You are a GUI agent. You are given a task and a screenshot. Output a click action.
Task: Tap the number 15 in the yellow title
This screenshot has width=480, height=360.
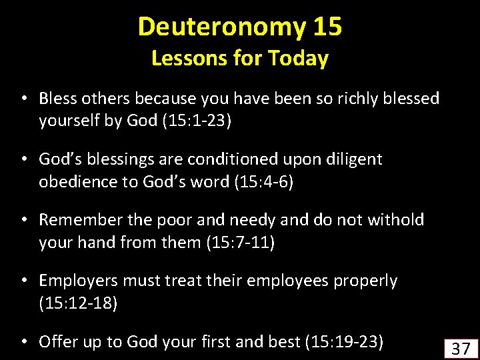(327, 26)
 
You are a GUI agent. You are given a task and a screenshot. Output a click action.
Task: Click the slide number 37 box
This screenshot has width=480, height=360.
(461, 349)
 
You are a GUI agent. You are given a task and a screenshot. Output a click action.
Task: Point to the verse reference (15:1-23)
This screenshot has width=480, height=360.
(197, 121)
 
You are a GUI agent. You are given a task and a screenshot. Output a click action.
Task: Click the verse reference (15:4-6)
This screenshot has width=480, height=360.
(264, 181)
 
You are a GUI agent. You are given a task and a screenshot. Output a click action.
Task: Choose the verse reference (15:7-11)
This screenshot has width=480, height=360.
(241, 242)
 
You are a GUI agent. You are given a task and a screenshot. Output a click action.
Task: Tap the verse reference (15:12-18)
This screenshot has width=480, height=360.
(79, 303)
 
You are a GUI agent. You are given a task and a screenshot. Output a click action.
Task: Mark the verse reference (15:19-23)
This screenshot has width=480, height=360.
(345, 341)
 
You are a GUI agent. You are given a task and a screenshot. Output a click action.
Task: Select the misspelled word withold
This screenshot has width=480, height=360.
(396, 219)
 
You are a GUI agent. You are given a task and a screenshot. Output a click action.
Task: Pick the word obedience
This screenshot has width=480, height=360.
(79, 181)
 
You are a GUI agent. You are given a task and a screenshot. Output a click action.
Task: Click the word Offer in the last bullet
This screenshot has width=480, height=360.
(58, 341)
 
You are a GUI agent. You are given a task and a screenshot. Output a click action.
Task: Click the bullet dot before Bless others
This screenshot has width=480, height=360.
(24, 99)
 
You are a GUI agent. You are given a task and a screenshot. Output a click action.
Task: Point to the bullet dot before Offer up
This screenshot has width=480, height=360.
(24, 342)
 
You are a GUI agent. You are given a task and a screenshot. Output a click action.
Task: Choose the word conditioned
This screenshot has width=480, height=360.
(233, 159)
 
